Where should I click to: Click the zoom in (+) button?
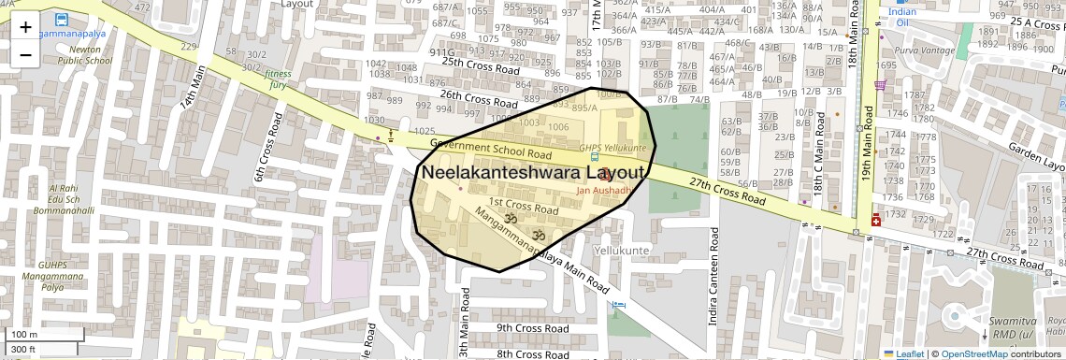coord(25,27)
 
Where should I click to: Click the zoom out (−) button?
coord(25,54)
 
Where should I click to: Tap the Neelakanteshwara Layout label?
coord(533,173)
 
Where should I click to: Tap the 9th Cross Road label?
coord(532,328)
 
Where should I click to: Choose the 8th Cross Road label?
coord(532,354)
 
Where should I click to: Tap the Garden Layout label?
coord(1038,157)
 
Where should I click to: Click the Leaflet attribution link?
coord(905,354)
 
